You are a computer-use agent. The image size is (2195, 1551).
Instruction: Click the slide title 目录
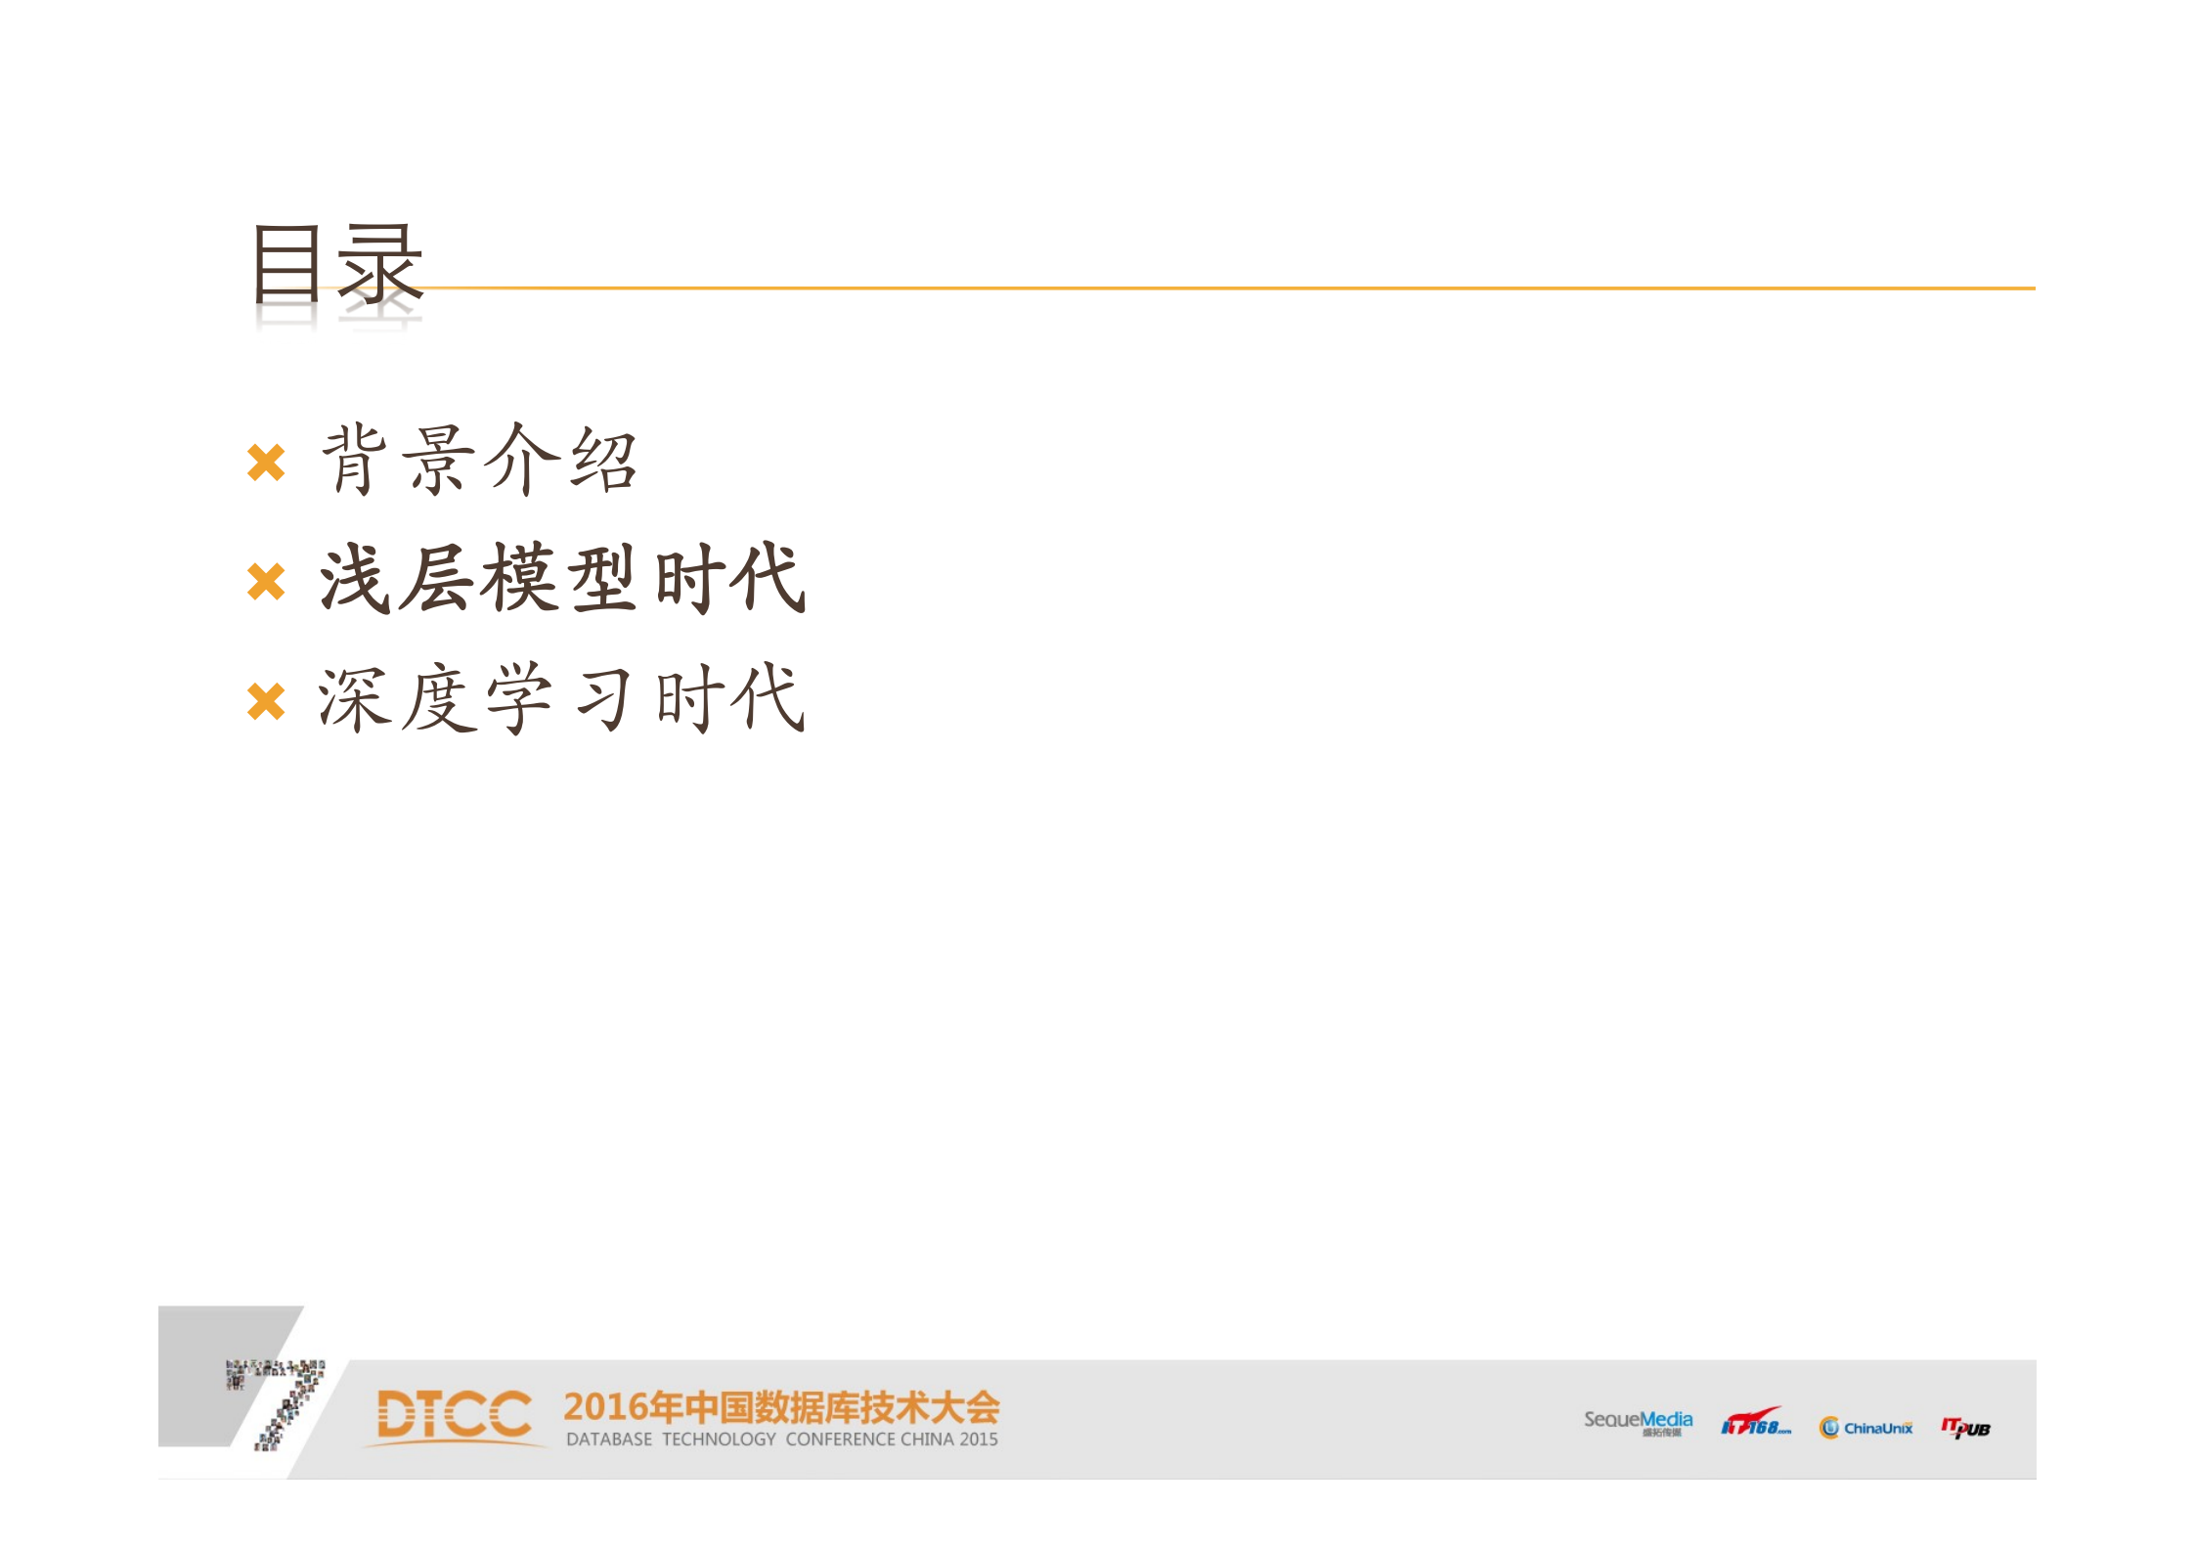point(337,263)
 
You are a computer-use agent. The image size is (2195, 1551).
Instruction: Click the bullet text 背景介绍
point(479,460)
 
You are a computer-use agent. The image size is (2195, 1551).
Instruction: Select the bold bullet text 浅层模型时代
point(563,579)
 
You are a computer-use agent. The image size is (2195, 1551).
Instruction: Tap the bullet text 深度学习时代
point(562,698)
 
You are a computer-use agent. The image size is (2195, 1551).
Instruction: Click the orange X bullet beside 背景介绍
point(266,463)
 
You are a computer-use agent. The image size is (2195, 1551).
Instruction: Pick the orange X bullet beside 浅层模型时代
point(266,582)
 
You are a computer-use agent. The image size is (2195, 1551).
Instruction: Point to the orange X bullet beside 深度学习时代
point(266,701)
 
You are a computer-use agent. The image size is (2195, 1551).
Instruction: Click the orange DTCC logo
point(455,1415)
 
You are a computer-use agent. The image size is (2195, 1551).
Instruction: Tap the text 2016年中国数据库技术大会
point(781,1407)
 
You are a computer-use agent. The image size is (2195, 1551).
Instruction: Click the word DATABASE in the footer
point(609,1440)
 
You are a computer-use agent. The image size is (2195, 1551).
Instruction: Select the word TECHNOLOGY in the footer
point(719,1440)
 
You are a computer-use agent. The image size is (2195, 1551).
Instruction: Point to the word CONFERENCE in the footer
point(840,1440)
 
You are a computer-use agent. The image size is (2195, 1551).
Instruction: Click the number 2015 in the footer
point(979,1440)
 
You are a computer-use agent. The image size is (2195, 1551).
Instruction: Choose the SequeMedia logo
point(1638,1422)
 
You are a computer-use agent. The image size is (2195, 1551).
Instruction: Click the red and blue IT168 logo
point(1755,1423)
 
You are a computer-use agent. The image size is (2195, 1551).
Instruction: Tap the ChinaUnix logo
point(1866,1428)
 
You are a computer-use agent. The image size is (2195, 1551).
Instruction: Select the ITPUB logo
point(1965,1428)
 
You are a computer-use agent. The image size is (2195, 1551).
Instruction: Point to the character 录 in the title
point(380,263)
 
